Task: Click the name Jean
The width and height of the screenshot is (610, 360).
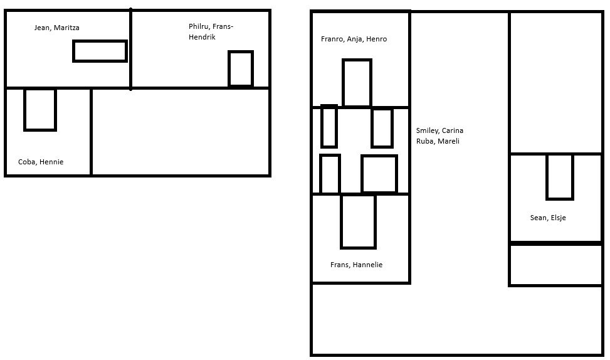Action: click(x=41, y=28)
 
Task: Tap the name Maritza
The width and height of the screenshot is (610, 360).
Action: click(x=66, y=28)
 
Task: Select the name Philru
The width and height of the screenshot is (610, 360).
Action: click(x=198, y=26)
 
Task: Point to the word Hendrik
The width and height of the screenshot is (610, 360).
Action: click(x=202, y=37)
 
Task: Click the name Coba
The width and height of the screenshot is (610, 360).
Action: click(x=26, y=162)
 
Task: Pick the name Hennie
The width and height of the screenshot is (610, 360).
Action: click(x=51, y=162)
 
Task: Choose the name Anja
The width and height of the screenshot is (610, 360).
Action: click(x=355, y=39)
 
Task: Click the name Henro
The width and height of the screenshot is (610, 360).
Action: click(x=377, y=39)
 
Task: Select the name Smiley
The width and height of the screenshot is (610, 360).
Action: click(x=428, y=131)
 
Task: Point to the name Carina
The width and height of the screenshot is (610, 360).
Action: click(x=453, y=130)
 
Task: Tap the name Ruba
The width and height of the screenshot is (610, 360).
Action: click(x=425, y=141)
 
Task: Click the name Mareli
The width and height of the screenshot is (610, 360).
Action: click(x=448, y=141)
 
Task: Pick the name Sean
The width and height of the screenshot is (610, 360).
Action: click(x=539, y=218)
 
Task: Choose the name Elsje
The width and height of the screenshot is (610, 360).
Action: click(x=558, y=218)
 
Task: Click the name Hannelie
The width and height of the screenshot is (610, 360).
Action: click(x=367, y=265)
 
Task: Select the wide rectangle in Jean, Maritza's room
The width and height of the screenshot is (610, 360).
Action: click(x=100, y=41)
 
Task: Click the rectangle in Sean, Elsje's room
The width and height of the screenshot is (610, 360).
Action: click(x=547, y=177)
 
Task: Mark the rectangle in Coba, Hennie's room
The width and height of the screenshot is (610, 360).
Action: click(x=25, y=110)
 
